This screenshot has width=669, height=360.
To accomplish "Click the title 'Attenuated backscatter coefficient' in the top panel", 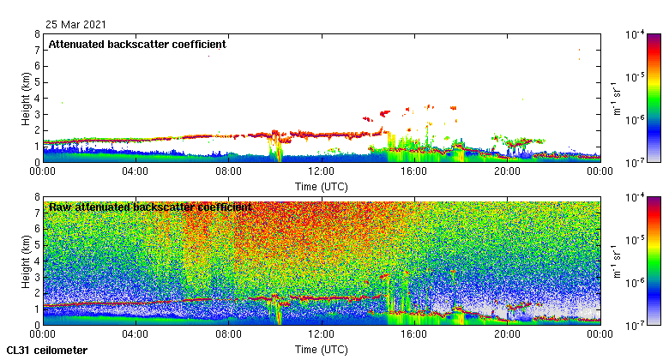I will pyautogui.click(x=136, y=44).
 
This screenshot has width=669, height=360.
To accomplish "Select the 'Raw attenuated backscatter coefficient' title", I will pyautogui.click(x=150, y=207).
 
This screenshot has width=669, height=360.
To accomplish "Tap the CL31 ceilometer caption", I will pyautogui.click(x=46, y=351).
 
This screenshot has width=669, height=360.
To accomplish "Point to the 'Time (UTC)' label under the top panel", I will pyautogui.click(x=320, y=185).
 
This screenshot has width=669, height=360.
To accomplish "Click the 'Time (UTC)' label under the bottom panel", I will pyautogui.click(x=320, y=350).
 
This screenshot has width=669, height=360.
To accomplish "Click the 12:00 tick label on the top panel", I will pyautogui.click(x=320, y=171).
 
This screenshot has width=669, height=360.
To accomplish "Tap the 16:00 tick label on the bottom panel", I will pyautogui.click(x=413, y=335).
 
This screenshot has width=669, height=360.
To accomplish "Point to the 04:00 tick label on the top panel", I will pyautogui.click(x=136, y=171).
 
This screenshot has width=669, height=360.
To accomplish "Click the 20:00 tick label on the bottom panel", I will pyautogui.click(x=506, y=335).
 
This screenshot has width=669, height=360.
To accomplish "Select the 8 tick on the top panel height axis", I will pyautogui.click(x=37, y=35).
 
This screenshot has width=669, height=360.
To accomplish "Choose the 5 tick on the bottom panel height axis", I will pyautogui.click(x=37, y=245).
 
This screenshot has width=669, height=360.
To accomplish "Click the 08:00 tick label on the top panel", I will pyautogui.click(x=228, y=171).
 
